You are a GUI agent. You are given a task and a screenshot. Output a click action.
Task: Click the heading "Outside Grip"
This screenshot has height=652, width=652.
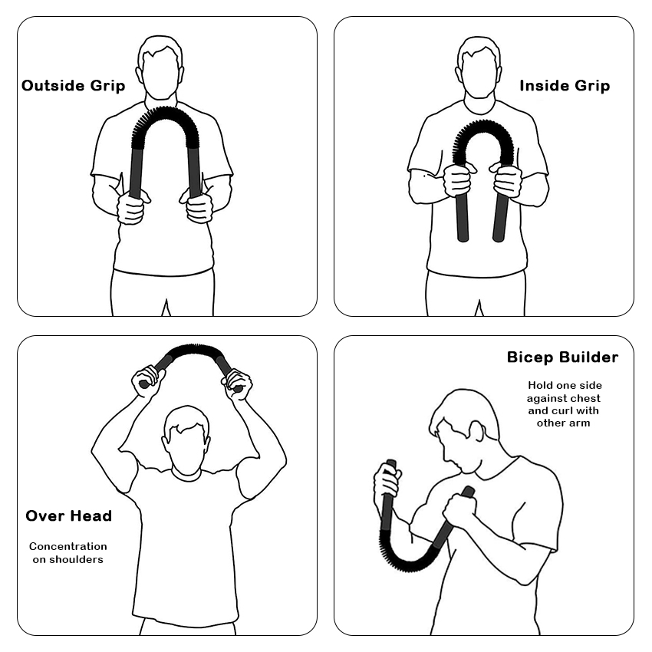click(x=73, y=86)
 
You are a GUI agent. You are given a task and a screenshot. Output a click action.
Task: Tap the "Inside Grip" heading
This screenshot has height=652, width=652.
click(x=565, y=86)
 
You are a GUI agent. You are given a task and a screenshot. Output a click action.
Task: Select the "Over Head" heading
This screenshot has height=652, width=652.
click(x=68, y=515)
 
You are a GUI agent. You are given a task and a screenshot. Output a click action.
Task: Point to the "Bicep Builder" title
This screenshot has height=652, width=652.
click(x=562, y=357)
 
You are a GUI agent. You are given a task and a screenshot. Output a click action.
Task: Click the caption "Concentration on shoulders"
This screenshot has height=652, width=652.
click(x=68, y=552)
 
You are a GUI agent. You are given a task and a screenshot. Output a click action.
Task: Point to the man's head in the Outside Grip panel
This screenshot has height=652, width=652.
click(x=160, y=68)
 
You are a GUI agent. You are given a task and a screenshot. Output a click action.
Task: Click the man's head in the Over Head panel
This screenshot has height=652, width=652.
click(x=186, y=440)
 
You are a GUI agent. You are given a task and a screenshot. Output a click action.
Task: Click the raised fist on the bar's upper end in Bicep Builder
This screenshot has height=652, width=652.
click(x=387, y=482)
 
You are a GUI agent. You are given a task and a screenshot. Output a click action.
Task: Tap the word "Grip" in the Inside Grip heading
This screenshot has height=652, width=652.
click(x=593, y=86)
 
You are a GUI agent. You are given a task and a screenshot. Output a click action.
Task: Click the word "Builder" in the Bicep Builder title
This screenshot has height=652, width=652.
click(x=589, y=357)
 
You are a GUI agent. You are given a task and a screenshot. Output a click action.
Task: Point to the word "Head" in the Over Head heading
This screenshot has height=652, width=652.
click(x=91, y=515)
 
